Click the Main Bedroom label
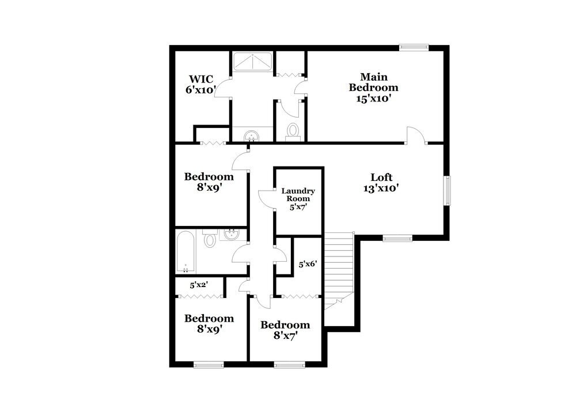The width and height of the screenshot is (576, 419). (373, 88)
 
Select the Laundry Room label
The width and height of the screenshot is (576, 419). (298, 198)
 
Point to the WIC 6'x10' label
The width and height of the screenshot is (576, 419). (200, 84)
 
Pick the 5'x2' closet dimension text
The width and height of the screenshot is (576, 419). (199, 284)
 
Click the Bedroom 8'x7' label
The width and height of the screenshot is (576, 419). (285, 330)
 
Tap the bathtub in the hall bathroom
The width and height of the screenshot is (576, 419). (186, 252)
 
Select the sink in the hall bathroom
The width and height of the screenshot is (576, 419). (232, 235)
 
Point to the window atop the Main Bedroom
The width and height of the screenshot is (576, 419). (415, 48)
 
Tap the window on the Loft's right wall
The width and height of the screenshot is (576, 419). (447, 190)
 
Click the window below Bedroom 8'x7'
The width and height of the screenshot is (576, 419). (289, 364)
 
